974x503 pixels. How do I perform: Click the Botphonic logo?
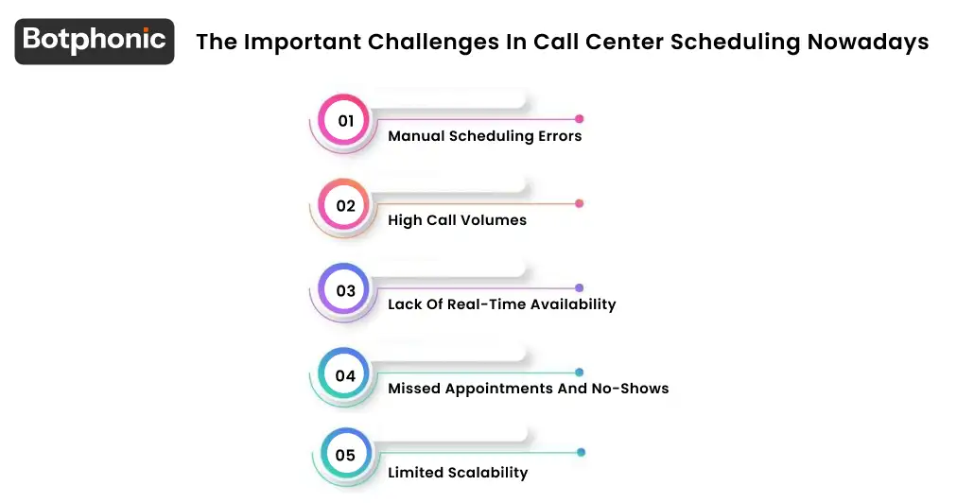point(95,41)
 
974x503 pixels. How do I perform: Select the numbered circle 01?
point(345,121)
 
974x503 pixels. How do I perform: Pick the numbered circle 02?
point(345,206)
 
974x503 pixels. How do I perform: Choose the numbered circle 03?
point(345,291)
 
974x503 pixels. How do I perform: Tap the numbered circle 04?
point(345,375)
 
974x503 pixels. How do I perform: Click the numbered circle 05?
point(345,456)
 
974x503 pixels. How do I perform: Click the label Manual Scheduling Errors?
point(484,136)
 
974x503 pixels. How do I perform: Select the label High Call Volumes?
point(457,220)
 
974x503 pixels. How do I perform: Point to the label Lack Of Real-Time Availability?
point(501,304)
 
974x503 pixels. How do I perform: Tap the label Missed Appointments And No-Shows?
point(528,389)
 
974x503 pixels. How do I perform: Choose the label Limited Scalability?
point(458,473)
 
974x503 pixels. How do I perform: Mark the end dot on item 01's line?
point(580,119)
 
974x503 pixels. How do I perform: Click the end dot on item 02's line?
point(580,203)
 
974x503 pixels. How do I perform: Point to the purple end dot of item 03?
point(580,287)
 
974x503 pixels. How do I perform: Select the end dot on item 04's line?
point(580,373)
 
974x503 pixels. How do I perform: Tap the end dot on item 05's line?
point(582,452)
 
